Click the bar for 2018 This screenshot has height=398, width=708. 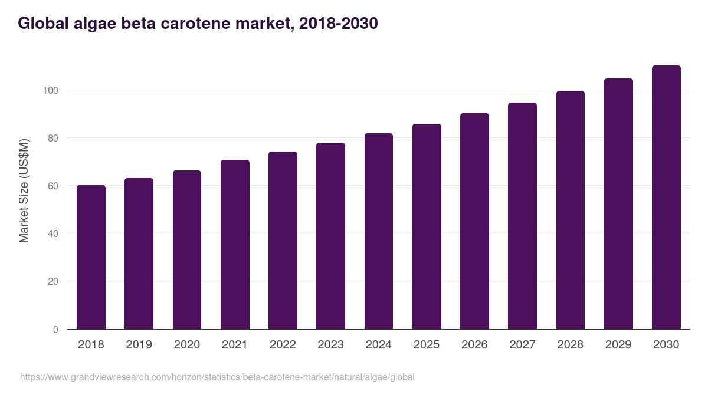pos(91,257)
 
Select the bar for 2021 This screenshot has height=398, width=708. pos(235,245)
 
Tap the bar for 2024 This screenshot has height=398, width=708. pos(379,231)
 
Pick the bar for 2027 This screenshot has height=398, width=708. pos(522,216)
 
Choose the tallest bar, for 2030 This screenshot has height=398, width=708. pos(666,198)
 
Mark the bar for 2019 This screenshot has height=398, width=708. pos(139,254)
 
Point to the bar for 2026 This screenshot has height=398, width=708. pos(474,221)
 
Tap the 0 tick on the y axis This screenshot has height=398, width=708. pos(55,330)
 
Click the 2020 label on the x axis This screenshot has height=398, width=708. pos(187,345)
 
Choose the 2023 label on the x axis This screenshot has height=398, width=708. pos(330,345)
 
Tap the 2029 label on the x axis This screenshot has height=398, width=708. pos(618,345)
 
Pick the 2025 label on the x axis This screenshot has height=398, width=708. pos(427,345)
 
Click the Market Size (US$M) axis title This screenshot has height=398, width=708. pos(24,190)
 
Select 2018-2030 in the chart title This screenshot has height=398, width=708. pos(338,24)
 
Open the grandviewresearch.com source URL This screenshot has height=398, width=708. pos(217,377)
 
